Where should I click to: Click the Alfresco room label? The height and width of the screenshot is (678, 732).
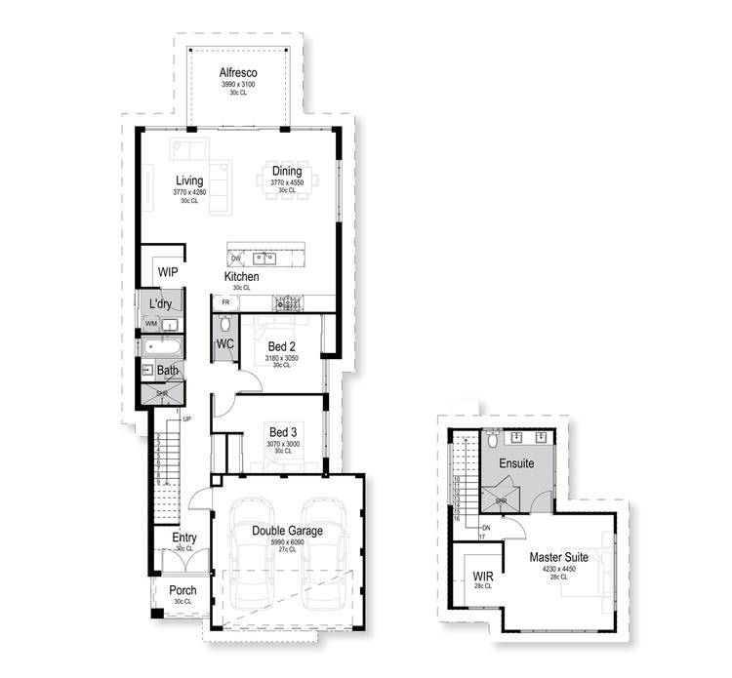(x=238, y=72)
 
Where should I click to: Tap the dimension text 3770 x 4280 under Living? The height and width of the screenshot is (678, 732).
(x=189, y=193)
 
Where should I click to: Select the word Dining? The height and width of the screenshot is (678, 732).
(x=286, y=172)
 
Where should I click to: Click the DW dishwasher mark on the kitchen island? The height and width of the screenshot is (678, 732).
(x=236, y=259)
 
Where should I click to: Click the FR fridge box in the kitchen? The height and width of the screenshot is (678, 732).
(x=225, y=303)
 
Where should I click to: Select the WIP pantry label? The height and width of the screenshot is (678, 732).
(x=167, y=272)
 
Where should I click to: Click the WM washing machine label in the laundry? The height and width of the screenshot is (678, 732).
(x=151, y=324)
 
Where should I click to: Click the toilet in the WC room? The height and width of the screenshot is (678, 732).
(x=224, y=324)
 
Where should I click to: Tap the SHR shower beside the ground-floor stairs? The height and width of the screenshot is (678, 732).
(x=162, y=393)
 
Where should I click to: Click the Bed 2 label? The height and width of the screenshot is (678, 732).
(x=283, y=345)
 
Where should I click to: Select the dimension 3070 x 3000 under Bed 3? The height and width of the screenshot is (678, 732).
(x=283, y=443)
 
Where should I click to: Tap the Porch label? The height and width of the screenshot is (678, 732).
(x=183, y=590)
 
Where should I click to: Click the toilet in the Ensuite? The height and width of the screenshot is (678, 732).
(x=493, y=440)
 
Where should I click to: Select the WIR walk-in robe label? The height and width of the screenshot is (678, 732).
(x=482, y=576)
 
